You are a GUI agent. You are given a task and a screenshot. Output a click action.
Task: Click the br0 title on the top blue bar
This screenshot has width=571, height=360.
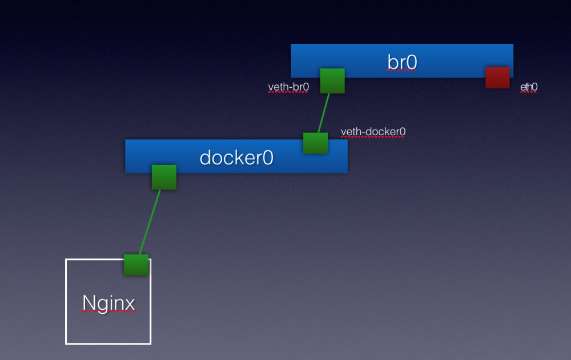click(x=402, y=62)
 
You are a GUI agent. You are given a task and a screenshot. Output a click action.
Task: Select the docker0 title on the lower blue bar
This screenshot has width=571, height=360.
click(x=236, y=157)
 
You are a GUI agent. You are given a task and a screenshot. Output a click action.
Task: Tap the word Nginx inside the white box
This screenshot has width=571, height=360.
click(x=108, y=303)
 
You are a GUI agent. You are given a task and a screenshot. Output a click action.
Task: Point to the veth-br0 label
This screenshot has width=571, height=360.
click(x=288, y=87)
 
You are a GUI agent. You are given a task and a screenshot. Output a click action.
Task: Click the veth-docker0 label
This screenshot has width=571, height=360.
click(x=373, y=131)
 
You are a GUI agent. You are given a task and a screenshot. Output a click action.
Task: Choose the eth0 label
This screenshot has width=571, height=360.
click(x=529, y=87)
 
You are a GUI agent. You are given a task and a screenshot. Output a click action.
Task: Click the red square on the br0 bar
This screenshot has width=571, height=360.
click(x=497, y=77)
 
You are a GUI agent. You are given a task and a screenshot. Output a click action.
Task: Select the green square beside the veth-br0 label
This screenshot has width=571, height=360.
click(x=332, y=81)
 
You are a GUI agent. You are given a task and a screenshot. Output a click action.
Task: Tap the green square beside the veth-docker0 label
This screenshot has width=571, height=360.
click(x=315, y=143)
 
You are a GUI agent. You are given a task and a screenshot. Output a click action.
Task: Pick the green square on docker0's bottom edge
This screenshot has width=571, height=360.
click(x=164, y=177)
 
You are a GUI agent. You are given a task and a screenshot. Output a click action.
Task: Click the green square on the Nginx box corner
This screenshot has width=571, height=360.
click(x=136, y=265)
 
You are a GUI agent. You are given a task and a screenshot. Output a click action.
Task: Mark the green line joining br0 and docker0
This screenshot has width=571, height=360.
click(x=324, y=113)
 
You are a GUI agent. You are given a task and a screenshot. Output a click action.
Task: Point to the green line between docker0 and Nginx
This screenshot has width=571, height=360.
click(x=150, y=222)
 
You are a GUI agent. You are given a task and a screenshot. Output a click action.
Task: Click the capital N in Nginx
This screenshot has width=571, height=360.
click(x=89, y=302)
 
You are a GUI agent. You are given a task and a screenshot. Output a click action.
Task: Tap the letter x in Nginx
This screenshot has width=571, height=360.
click(x=129, y=305)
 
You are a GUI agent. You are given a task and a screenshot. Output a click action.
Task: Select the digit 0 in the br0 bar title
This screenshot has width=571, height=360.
click(x=412, y=63)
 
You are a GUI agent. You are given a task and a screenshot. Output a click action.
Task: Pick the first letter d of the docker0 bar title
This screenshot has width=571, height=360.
click(x=206, y=157)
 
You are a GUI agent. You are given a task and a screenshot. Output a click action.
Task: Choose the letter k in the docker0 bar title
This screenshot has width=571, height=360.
click(x=238, y=157)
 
